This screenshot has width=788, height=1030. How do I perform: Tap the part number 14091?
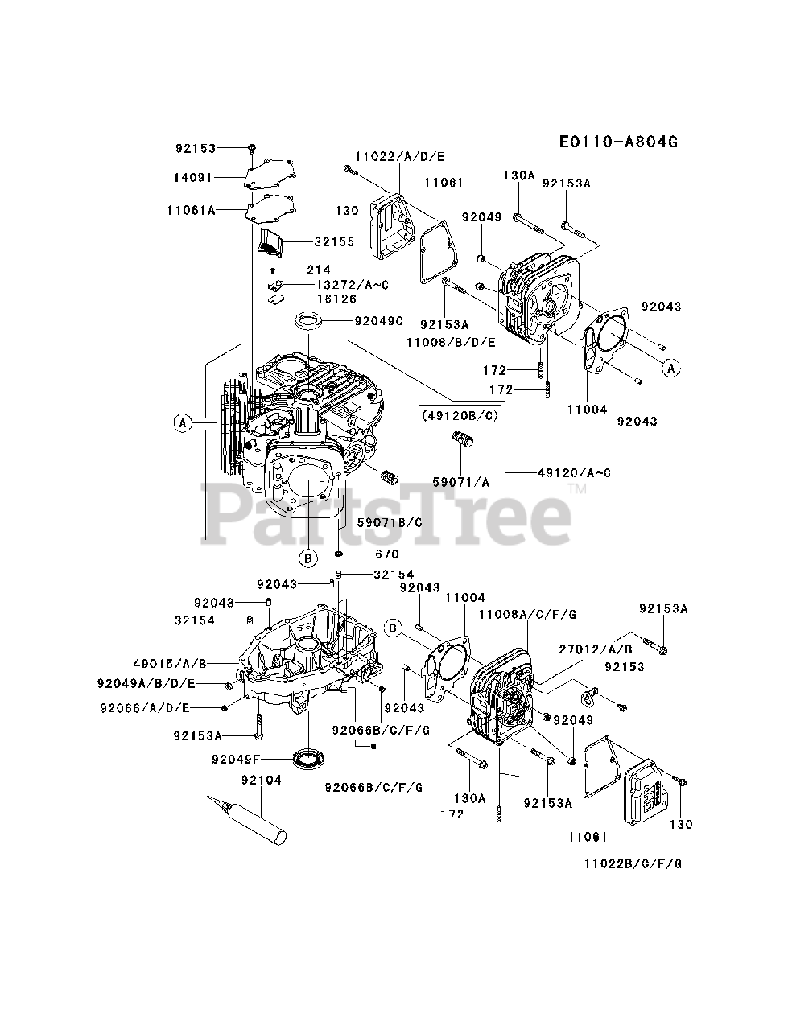click(193, 175)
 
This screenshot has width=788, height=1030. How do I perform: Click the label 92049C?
click(378, 321)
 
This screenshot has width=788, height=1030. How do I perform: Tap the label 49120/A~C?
click(573, 472)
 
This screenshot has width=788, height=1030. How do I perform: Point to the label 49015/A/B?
click(170, 663)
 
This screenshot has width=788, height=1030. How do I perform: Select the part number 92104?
click(258, 781)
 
